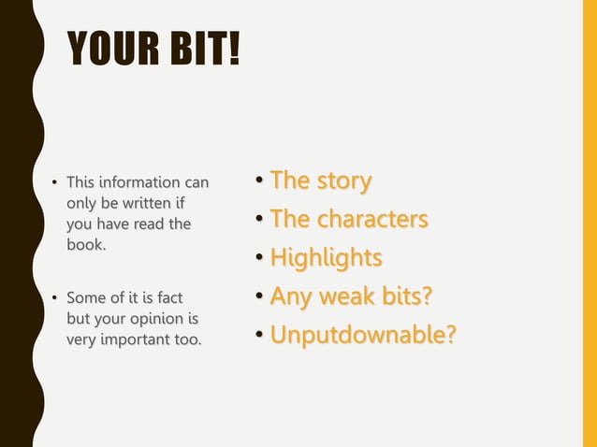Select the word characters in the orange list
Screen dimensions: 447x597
(x=372, y=219)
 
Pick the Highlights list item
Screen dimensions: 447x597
(x=326, y=257)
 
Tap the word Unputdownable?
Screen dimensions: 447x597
(x=363, y=334)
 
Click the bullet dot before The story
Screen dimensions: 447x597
(x=260, y=181)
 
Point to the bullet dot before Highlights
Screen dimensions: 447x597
(x=260, y=259)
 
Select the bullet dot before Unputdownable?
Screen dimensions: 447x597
(x=260, y=336)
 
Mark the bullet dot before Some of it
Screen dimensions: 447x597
(x=54, y=299)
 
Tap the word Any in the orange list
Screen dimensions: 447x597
(x=289, y=296)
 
